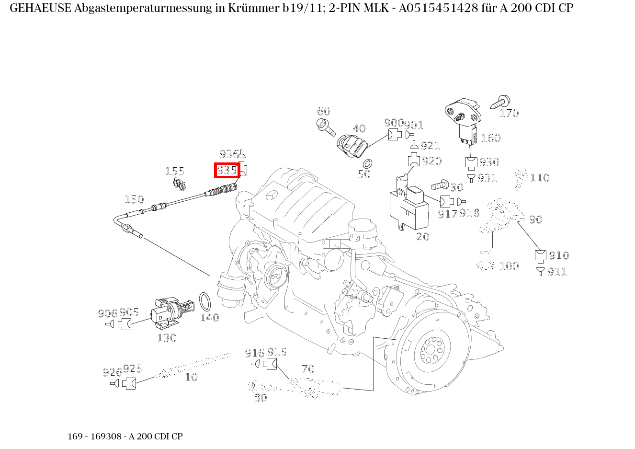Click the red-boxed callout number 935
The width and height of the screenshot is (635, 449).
coord(227,170)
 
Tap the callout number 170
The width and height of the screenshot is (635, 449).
coord(509,113)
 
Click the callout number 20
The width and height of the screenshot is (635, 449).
coord(422,237)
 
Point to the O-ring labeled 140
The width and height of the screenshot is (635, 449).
coord(205,301)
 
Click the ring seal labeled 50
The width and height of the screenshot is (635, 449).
coord(368,163)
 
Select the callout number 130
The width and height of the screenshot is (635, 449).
coord(167,338)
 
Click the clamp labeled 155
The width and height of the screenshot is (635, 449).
coord(180,183)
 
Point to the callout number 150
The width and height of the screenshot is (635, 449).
coord(134,199)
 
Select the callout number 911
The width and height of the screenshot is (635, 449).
coord(557,272)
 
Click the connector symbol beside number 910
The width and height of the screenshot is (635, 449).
coord(540,256)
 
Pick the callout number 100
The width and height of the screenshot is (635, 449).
coord(509,266)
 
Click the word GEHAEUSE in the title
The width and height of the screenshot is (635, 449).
coord(40,8)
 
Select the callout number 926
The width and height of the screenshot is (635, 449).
coord(112,372)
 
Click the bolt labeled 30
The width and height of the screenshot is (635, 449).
coord(439,185)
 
